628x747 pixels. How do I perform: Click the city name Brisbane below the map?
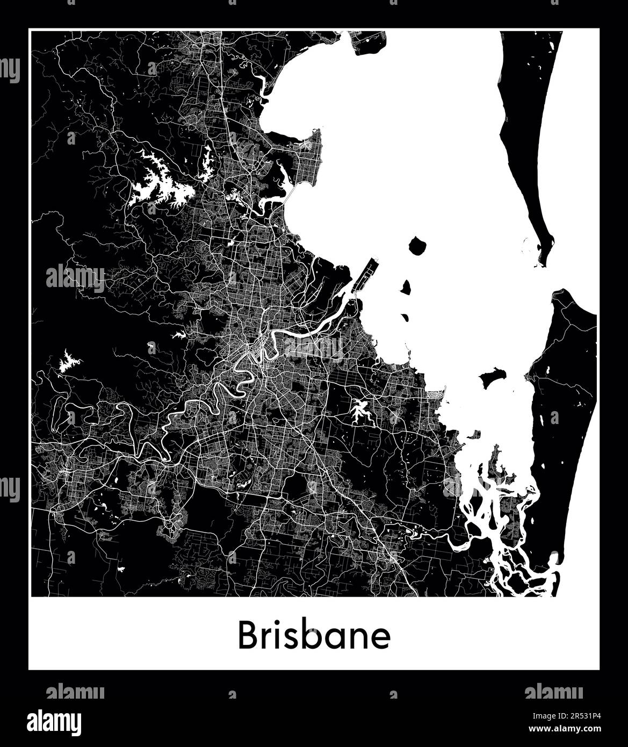click(314, 636)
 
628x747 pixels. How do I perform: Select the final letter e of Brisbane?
click(382, 638)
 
